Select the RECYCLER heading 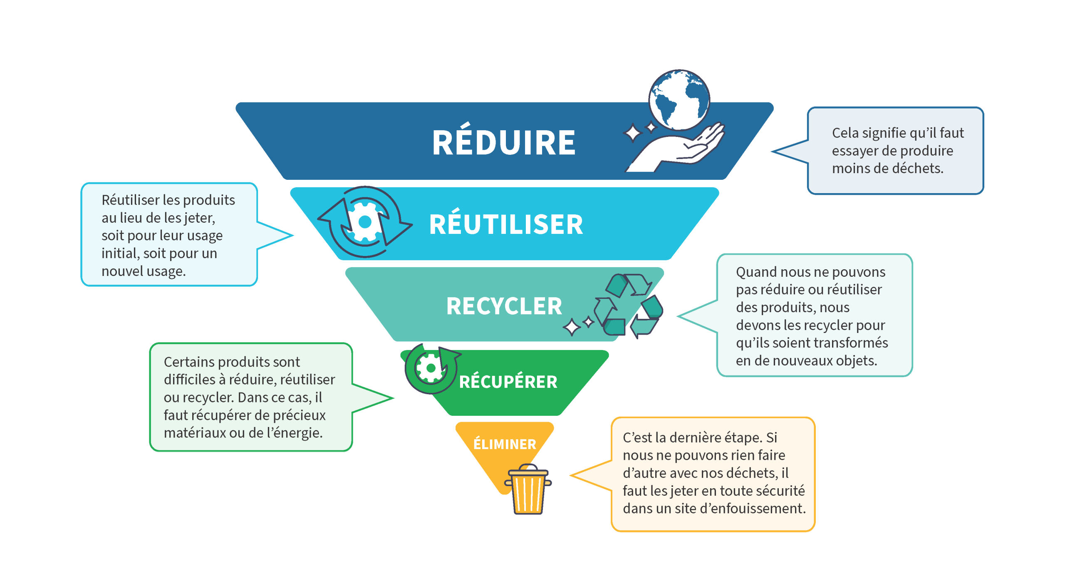click(x=504, y=306)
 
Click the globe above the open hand click(x=679, y=100)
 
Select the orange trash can click(x=528, y=489)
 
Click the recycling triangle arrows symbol click(x=628, y=305)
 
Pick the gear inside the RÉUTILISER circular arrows click(x=365, y=222)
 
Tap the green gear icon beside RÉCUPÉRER click(x=431, y=368)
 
